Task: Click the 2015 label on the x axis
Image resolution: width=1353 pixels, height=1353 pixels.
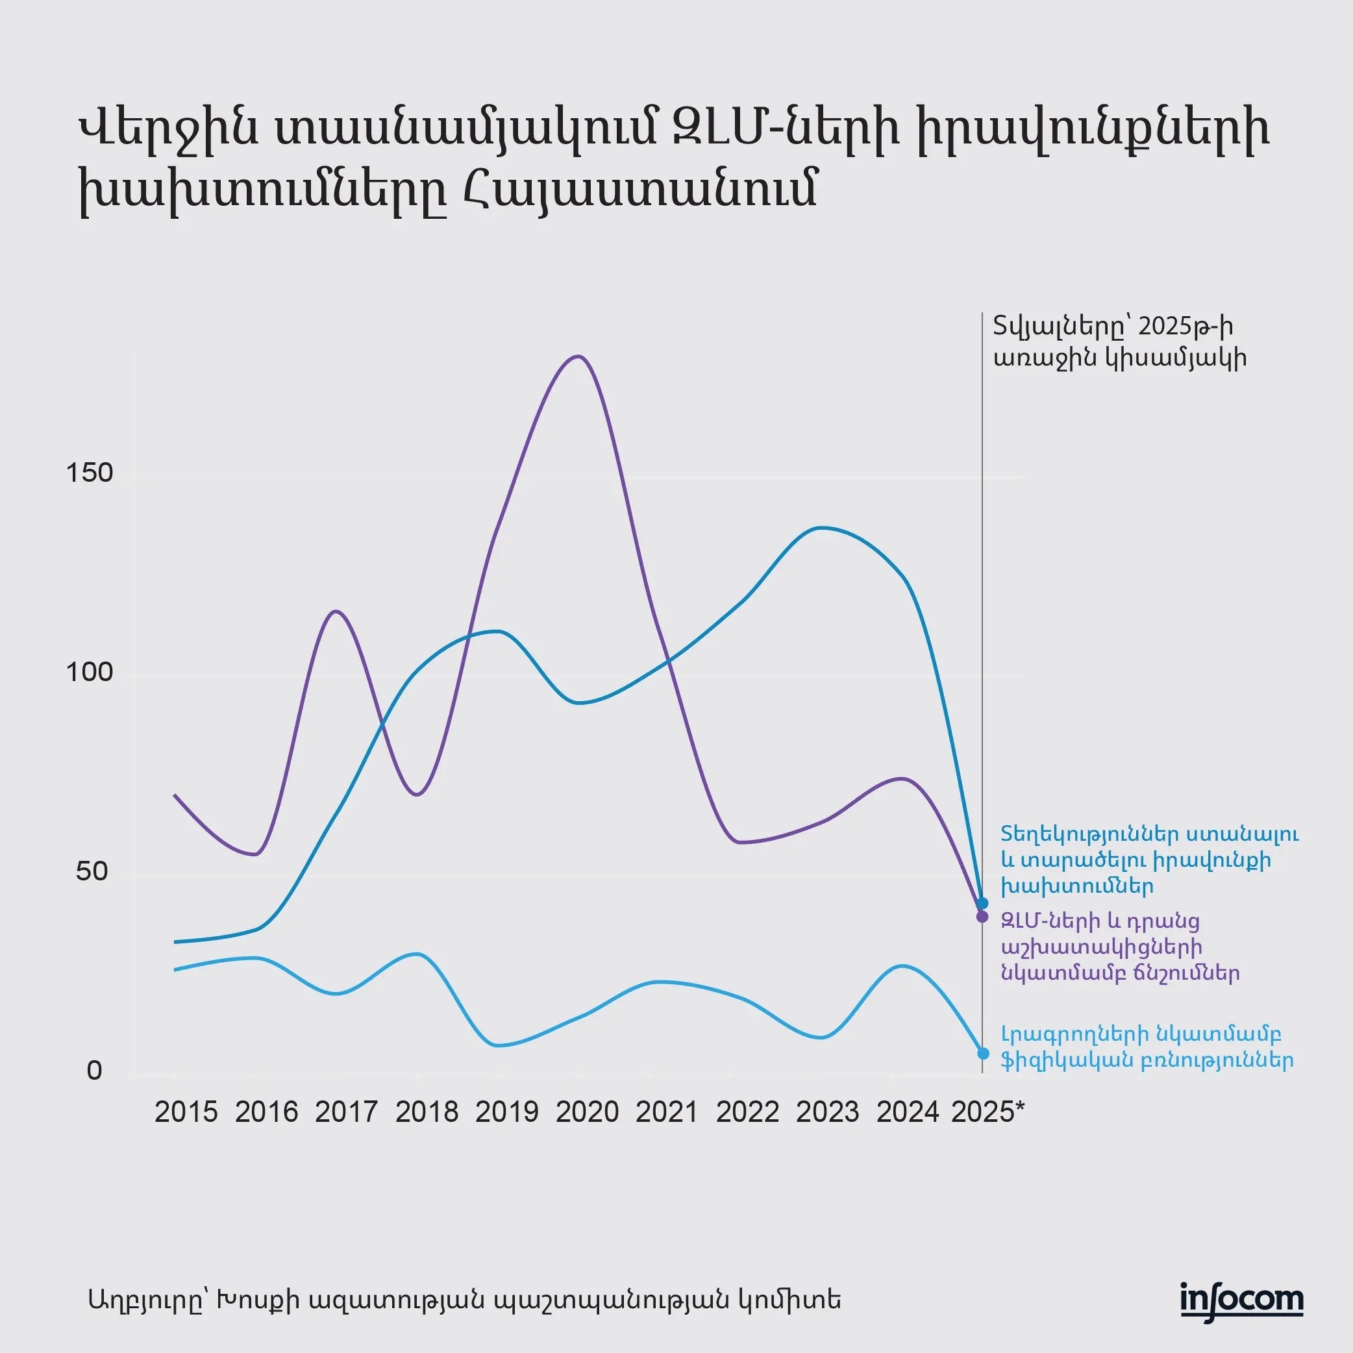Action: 186,1112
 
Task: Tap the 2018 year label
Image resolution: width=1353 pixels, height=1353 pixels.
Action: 427,1112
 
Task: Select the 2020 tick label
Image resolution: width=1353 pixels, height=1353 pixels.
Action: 587,1112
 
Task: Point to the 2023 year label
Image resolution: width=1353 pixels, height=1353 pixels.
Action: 827,1112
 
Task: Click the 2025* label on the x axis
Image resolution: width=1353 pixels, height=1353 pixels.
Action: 987,1112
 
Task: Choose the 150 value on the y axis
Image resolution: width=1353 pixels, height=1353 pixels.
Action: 89,473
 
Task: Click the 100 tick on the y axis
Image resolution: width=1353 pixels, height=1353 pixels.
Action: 89,673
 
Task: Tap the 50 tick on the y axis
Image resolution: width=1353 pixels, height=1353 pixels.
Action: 92,871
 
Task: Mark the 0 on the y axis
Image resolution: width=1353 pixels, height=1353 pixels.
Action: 95,1071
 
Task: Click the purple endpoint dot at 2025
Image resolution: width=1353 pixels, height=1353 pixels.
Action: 982,917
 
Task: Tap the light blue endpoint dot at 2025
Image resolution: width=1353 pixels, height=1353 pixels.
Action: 983,1053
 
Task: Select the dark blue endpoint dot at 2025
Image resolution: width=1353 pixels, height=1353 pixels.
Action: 982,903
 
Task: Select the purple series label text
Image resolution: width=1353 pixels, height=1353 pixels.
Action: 1120,947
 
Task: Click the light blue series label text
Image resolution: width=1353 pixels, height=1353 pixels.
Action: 1147,1048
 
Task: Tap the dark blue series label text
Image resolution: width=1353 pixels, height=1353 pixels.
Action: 1149,860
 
